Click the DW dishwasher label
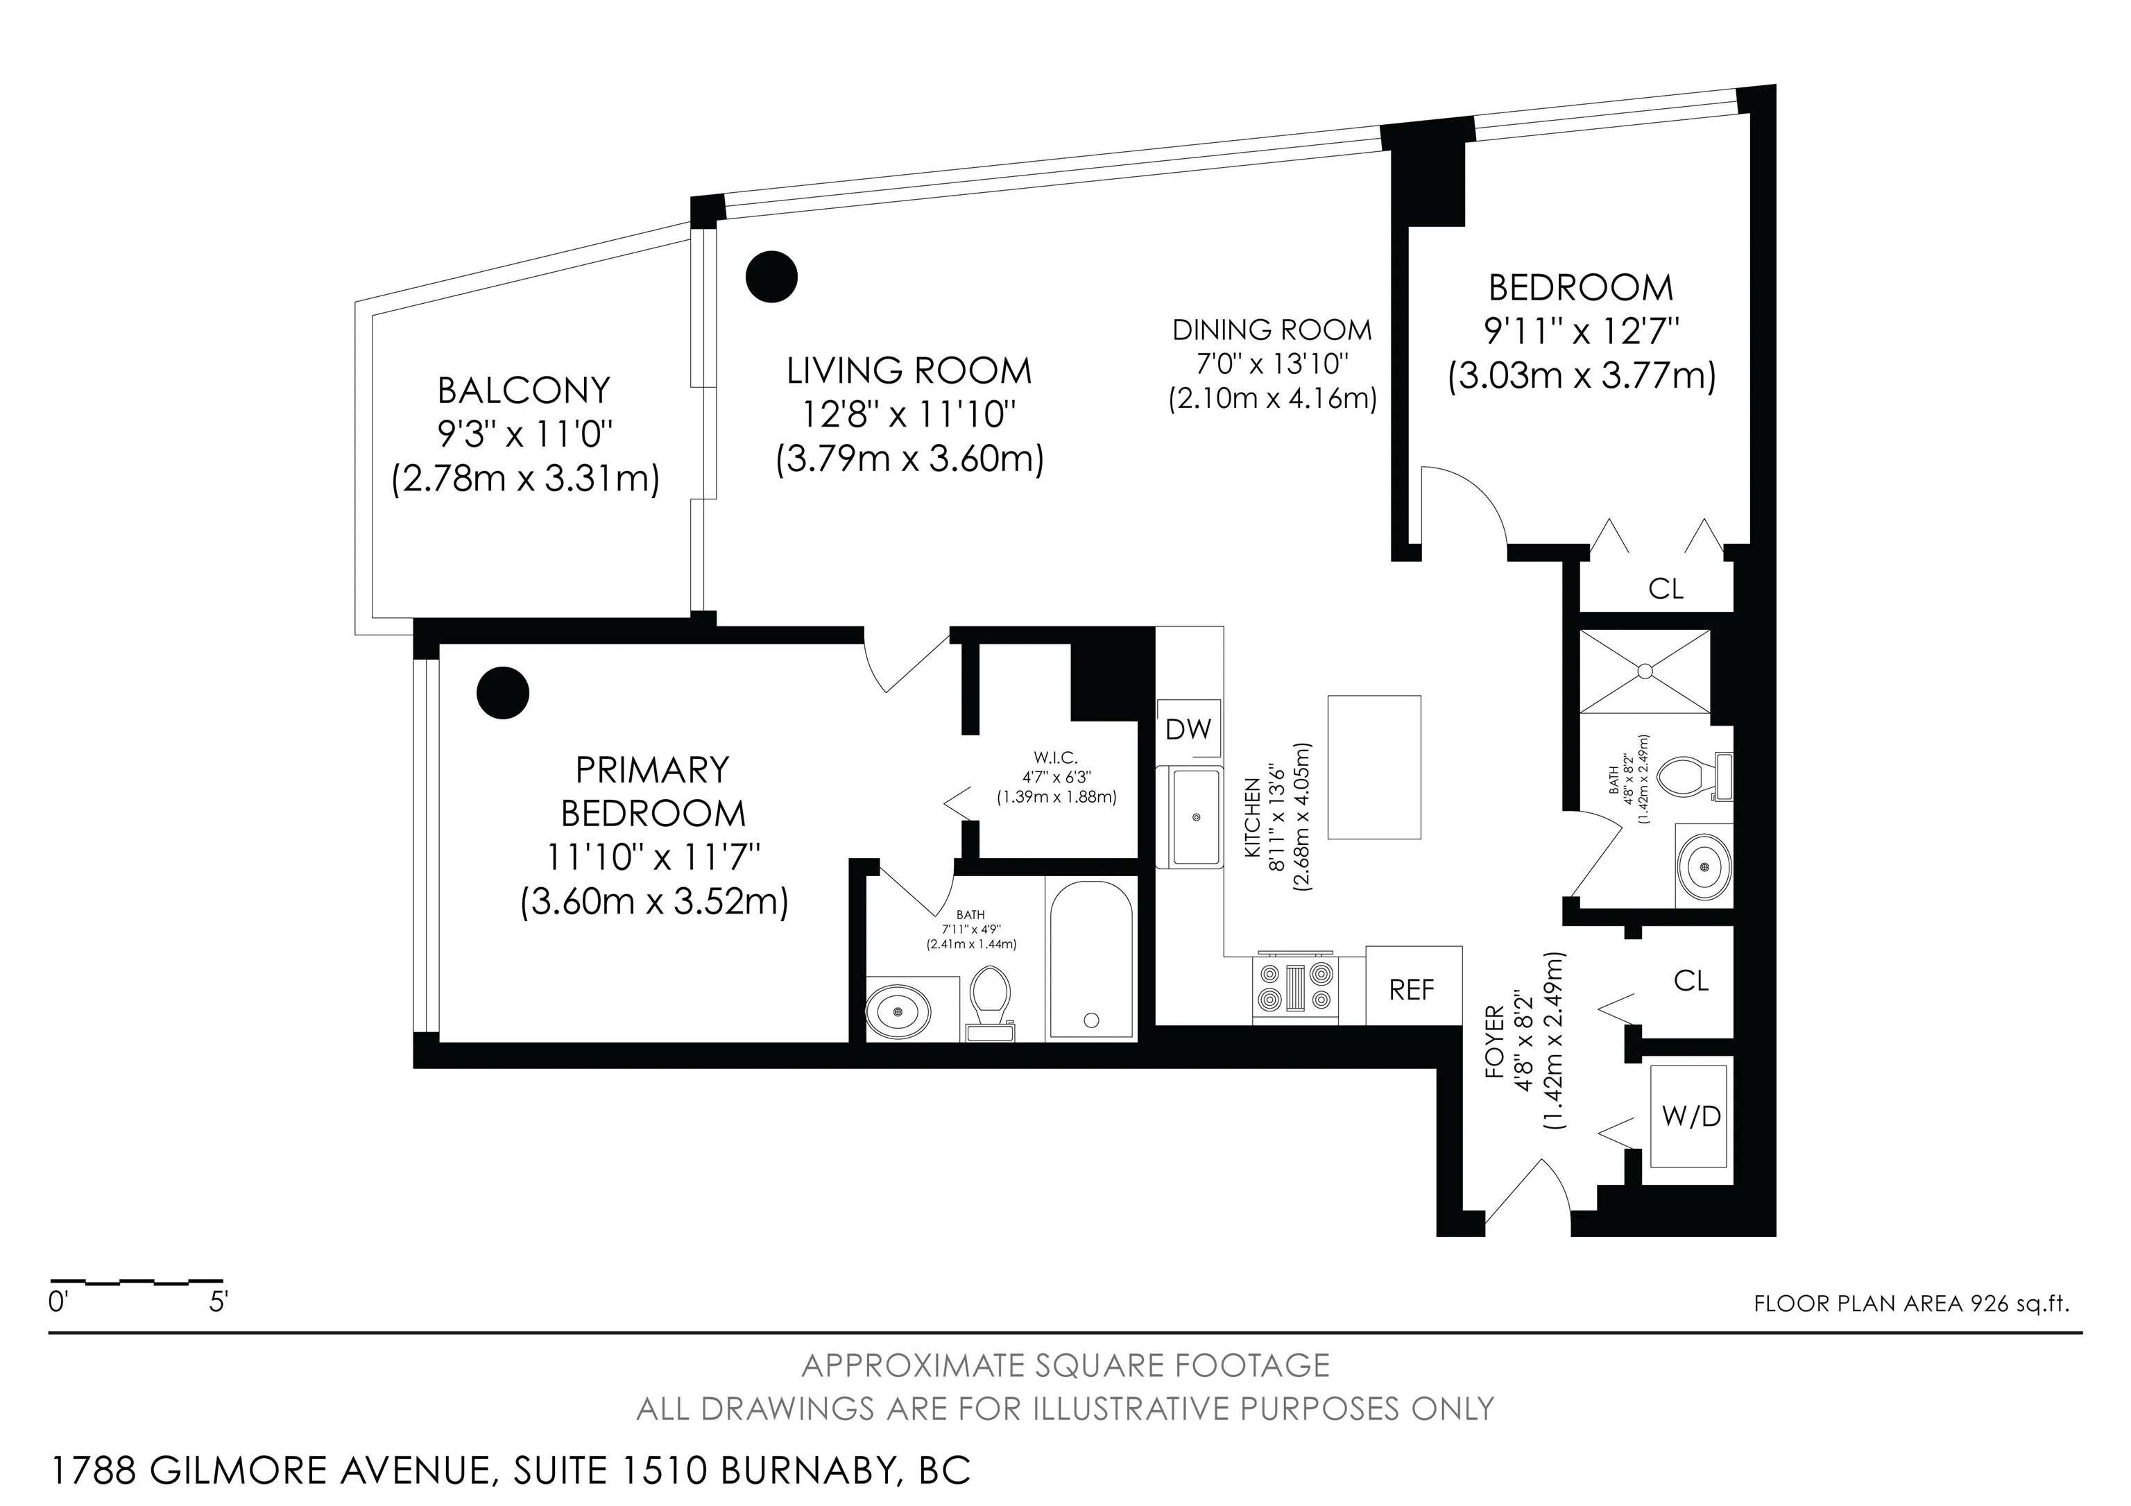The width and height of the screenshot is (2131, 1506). (1188, 729)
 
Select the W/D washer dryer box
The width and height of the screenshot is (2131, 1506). (1690, 1115)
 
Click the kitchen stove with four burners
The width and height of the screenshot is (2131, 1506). (1296, 986)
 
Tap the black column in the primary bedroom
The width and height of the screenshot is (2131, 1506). (503, 692)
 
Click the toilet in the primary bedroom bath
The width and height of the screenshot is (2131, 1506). (991, 1003)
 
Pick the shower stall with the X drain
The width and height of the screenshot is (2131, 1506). (1644, 671)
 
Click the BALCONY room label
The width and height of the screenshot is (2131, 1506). (524, 391)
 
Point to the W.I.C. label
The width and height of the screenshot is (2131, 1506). (1055, 758)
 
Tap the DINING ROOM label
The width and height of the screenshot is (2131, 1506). (1272, 330)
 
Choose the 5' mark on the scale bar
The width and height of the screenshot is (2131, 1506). (218, 1302)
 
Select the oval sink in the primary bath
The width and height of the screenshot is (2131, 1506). (898, 1009)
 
